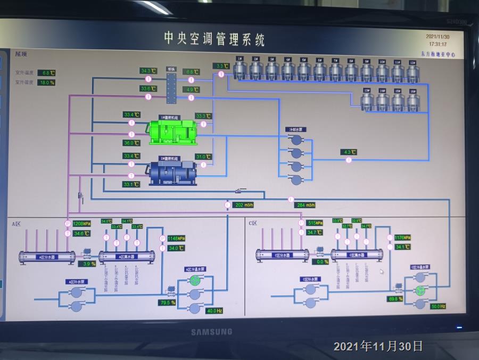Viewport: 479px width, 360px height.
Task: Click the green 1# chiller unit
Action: [x=173, y=132]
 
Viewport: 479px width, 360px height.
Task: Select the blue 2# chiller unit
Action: [x=172, y=171]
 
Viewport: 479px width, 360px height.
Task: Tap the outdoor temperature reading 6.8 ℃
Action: [x=47, y=72]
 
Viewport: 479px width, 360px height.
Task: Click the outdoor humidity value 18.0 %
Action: [x=47, y=83]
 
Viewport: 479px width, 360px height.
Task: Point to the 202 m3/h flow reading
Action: [x=244, y=205]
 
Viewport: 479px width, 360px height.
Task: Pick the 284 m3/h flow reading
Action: [x=306, y=205]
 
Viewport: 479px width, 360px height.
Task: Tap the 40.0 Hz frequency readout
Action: [x=214, y=310]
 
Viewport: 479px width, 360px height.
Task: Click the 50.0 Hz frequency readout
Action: [x=438, y=306]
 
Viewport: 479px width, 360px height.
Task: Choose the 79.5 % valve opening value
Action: [x=167, y=302]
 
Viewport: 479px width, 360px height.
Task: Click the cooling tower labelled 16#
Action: [x=413, y=101]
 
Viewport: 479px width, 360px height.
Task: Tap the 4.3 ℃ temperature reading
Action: [x=349, y=152]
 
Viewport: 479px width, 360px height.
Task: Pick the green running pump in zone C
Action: [x=420, y=291]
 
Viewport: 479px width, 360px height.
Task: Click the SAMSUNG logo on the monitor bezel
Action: [x=211, y=332]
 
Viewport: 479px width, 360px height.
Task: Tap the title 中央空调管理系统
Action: [x=214, y=39]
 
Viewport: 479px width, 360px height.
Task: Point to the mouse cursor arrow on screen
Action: [x=381, y=271]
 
